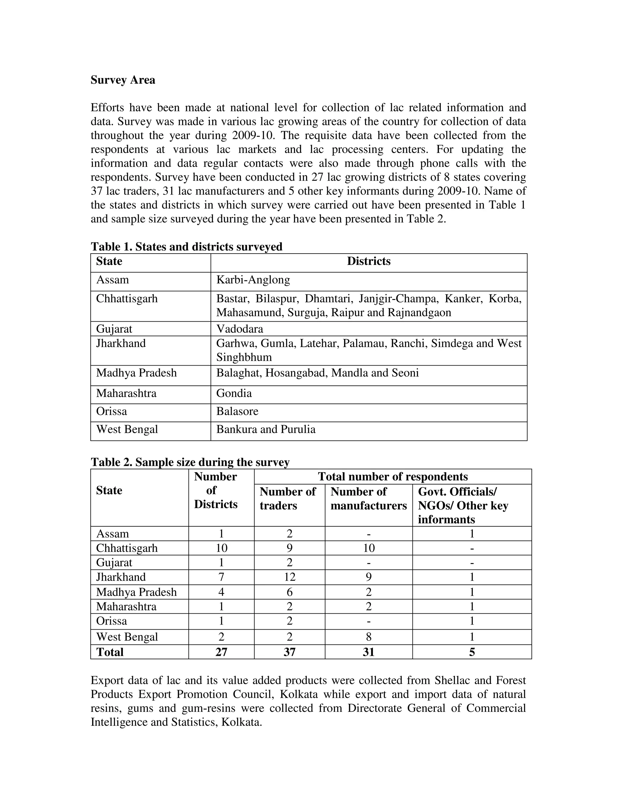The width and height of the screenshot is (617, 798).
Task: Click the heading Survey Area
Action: coord(123,80)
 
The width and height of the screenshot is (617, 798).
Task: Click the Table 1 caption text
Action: coord(186,247)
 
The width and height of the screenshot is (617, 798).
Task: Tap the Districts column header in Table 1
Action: coord(368,261)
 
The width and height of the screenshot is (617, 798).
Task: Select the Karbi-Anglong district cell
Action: coord(253,280)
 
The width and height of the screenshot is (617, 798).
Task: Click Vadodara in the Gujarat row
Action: coord(240,329)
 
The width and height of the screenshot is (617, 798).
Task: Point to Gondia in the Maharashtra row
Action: coord(234,393)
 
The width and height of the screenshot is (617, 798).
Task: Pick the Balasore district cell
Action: coord(237,411)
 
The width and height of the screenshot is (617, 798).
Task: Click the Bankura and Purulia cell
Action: coord(266,429)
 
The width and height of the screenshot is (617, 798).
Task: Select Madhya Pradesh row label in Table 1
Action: coord(136,373)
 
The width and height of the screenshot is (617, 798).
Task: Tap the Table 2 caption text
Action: coord(190,462)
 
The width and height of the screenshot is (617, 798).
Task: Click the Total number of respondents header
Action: coord(393,476)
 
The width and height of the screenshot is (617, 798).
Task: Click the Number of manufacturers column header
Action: coord(368,499)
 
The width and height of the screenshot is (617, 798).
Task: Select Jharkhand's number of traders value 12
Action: coord(290,577)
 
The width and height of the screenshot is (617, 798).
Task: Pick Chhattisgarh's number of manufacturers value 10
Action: coord(369,548)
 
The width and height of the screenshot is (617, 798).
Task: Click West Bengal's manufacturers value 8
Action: coord(368,637)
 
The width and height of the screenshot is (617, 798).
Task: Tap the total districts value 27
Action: coord(221,652)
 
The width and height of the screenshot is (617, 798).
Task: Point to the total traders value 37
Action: coord(290,652)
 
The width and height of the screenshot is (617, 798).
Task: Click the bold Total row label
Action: coord(110,652)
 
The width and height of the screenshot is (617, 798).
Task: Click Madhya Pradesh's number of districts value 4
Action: coord(221,592)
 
